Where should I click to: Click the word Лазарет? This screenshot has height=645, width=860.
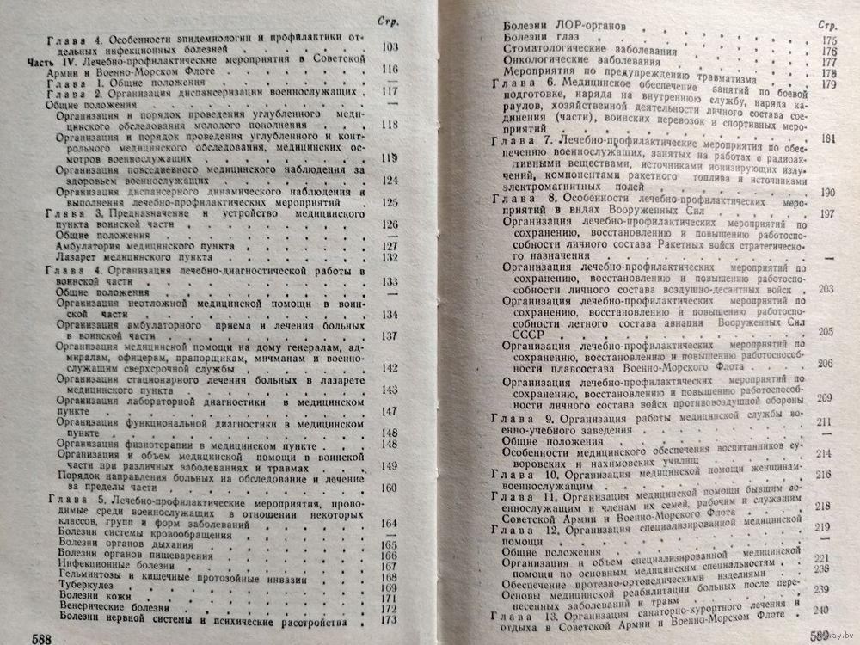coord(77,255)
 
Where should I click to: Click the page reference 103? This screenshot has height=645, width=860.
coord(390,46)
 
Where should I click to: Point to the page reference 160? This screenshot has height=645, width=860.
coord(390,488)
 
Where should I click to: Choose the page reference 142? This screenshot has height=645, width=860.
coord(390,368)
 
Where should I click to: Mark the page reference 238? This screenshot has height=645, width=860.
coord(820,568)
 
